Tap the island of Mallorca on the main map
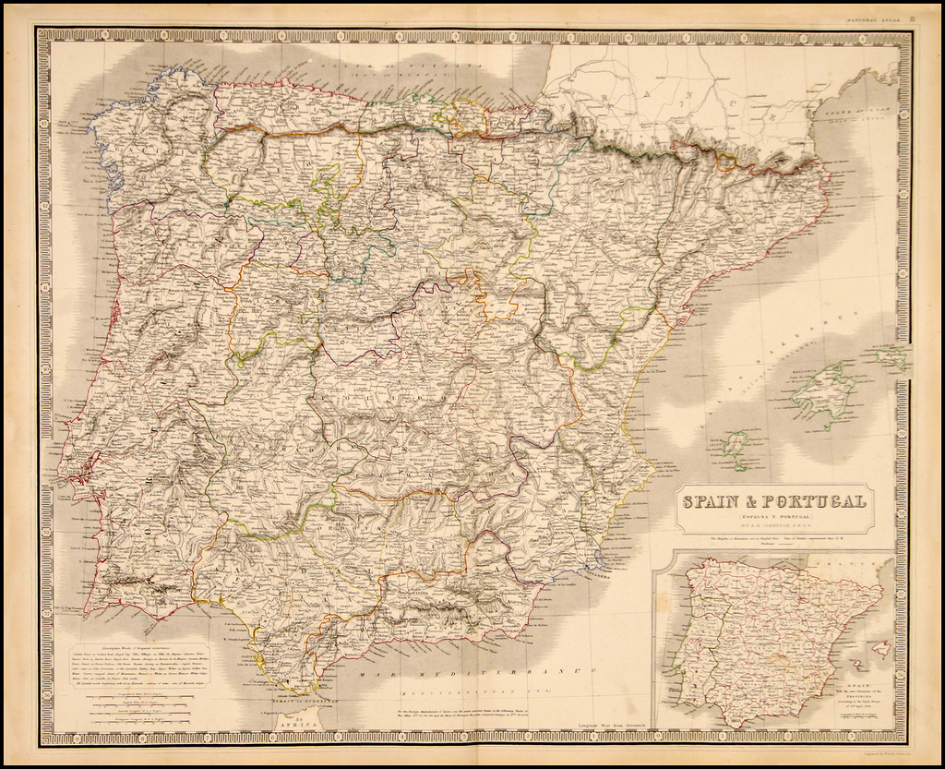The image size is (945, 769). pos(822,392)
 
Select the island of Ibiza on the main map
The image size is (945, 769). pos(735,446)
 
